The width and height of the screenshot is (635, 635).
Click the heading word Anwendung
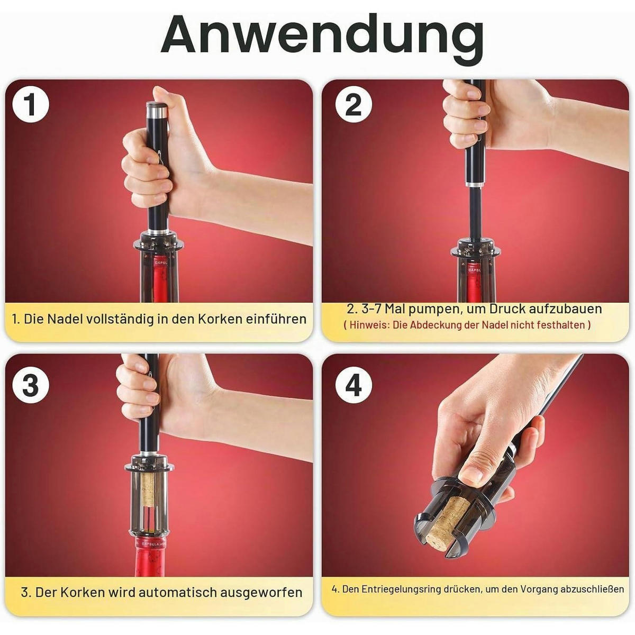pos(322,37)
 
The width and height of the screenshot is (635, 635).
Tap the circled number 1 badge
pos(31,104)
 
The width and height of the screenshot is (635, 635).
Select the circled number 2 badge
pos(353,104)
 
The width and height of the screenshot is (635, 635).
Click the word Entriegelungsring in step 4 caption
pos(401,589)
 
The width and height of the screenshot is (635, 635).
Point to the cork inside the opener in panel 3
pos(149,492)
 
